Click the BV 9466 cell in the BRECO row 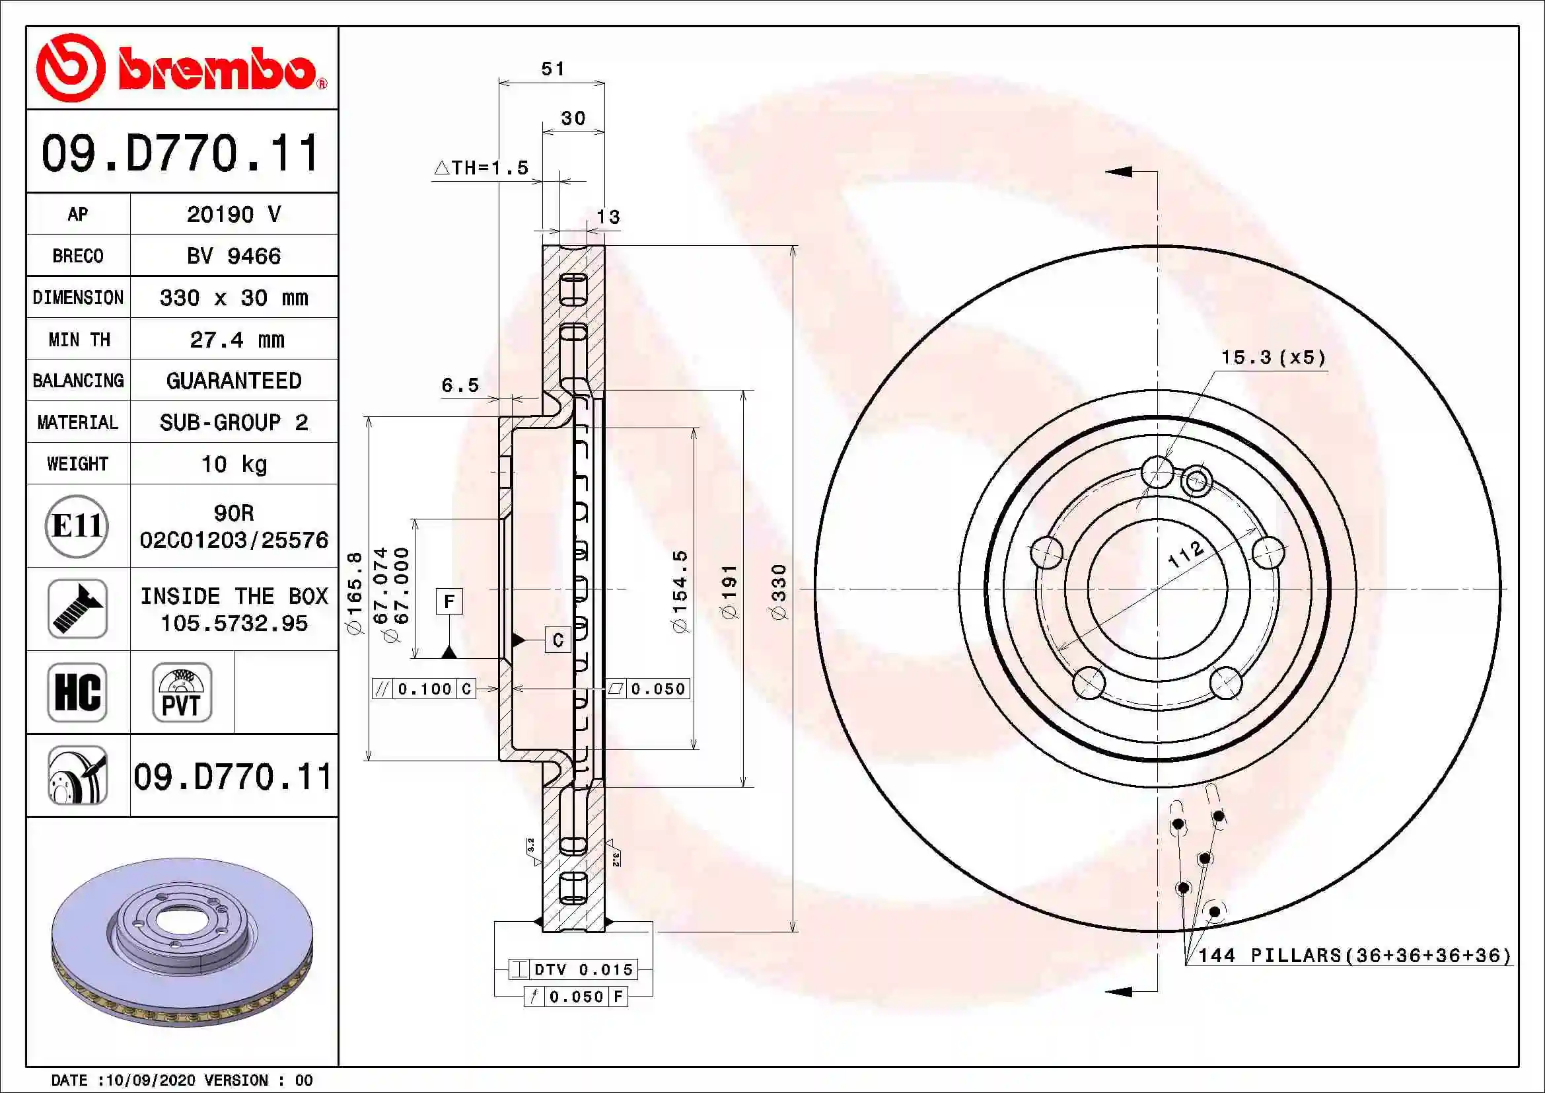[x=233, y=256]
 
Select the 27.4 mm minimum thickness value [x=237, y=340]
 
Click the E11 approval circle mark [x=77, y=526]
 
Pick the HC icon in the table [x=77, y=693]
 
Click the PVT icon [x=182, y=693]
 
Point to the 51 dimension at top [x=553, y=69]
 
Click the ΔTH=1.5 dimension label [x=482, y=168]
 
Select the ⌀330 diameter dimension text [x=779, y=591]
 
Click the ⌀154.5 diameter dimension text [x=680, y=591]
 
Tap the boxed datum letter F [x=449, y=601]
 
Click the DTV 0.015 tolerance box [x=573, y=970]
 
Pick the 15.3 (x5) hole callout [x=1273, y=358]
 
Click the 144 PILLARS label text [x=1354, y=956]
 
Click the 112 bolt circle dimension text [x=1185, y=554]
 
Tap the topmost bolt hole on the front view [x=1157, y=472]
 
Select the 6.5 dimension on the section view [x=460, y=385]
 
